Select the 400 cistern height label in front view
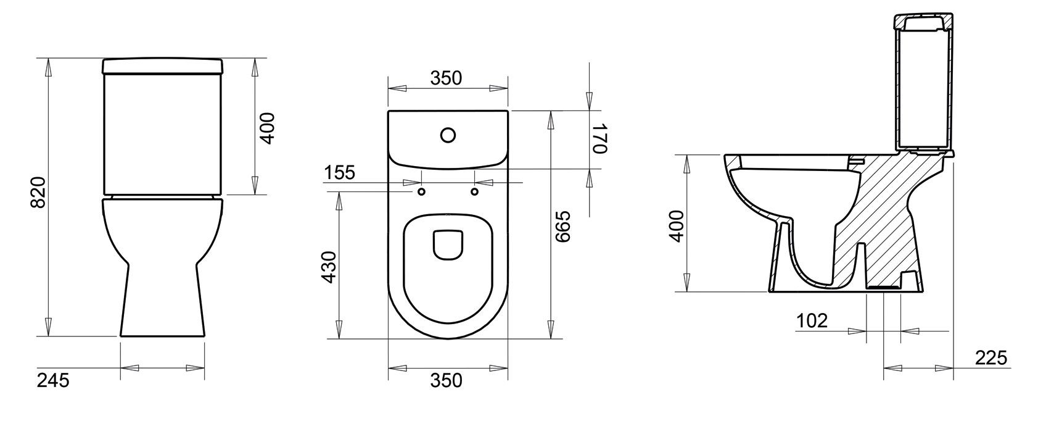[267, 128]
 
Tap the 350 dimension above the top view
[446, 78]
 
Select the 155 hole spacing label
[340, 172]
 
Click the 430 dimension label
[329, 266]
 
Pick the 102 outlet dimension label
[812, 320]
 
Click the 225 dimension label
[990, 357]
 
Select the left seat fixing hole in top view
[422, 192]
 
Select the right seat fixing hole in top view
[474, 192]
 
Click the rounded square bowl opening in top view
[448, 245]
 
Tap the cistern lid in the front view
[162, 65]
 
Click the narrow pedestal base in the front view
[162, 303]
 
